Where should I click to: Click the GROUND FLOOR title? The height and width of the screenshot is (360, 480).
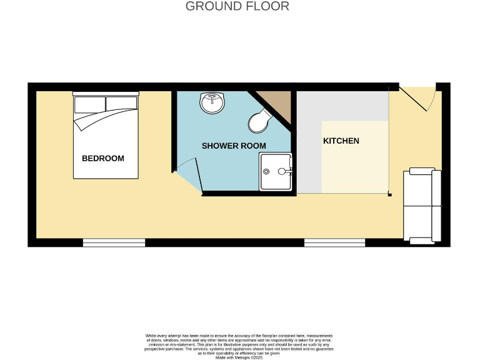point(237,7)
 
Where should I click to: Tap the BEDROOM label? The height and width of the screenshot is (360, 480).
point(103,158)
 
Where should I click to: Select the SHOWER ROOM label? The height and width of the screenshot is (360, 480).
point(233,146)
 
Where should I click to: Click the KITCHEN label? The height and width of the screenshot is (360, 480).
point(341,141)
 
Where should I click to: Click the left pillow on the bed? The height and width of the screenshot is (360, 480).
point(89,104)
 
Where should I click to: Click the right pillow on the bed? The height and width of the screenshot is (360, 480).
point(121,103)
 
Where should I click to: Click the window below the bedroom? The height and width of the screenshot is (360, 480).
point(114,242)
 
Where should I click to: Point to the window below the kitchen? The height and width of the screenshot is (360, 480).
point(334,242)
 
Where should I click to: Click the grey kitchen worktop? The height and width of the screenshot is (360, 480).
point(309,144)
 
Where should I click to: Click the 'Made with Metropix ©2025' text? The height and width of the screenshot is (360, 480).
point(239,357)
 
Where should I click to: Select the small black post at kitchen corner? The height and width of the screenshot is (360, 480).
point(389,195)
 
